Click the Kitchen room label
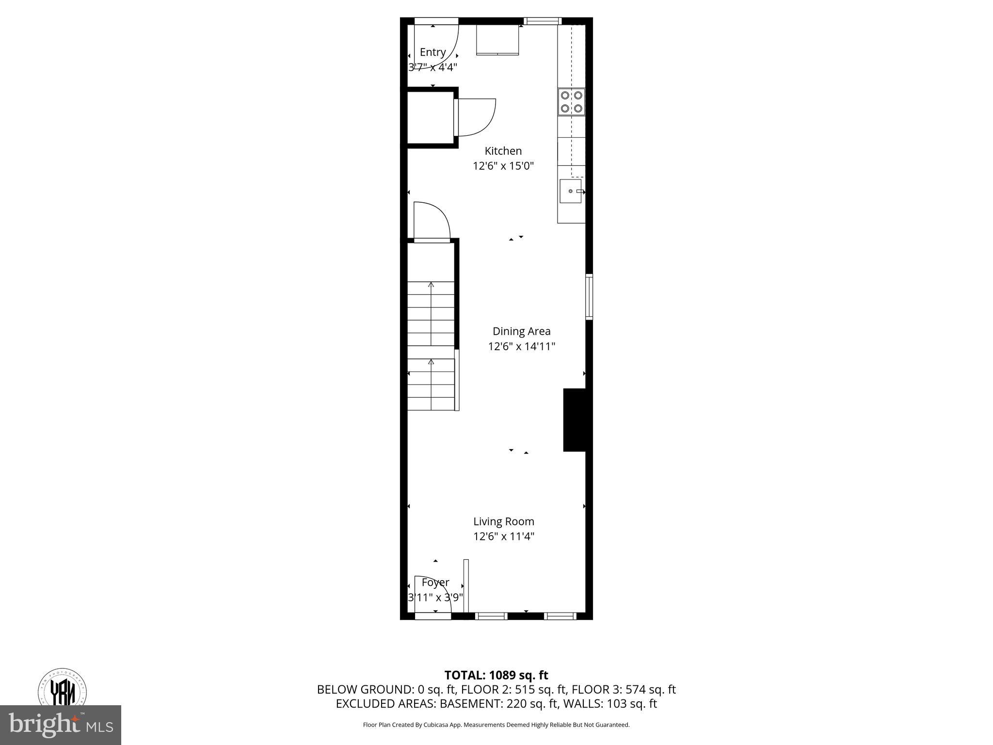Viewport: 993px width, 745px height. click(503, 151)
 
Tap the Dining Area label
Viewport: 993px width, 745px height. click(521, 331)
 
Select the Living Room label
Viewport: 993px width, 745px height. click(504, 521)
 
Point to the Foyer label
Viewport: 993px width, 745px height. click(435, 582)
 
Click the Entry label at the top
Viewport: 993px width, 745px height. click(432, 52)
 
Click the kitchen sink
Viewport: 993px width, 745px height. click(571, 191)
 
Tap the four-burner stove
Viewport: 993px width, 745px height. click(571, 102)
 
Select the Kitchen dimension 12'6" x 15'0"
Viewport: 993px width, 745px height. click(503, 166)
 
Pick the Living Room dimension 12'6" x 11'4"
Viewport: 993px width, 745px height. click(504, 536)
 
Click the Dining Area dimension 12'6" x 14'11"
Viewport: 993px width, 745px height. click(521, 346)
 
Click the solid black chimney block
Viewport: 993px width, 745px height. click(575, 420)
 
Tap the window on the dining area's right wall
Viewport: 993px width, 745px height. click(589, 296)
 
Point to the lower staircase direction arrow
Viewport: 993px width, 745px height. click(431, 362)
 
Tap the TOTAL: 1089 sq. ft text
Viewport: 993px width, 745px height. click(496, 675)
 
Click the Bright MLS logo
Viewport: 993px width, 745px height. click(60, 725)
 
